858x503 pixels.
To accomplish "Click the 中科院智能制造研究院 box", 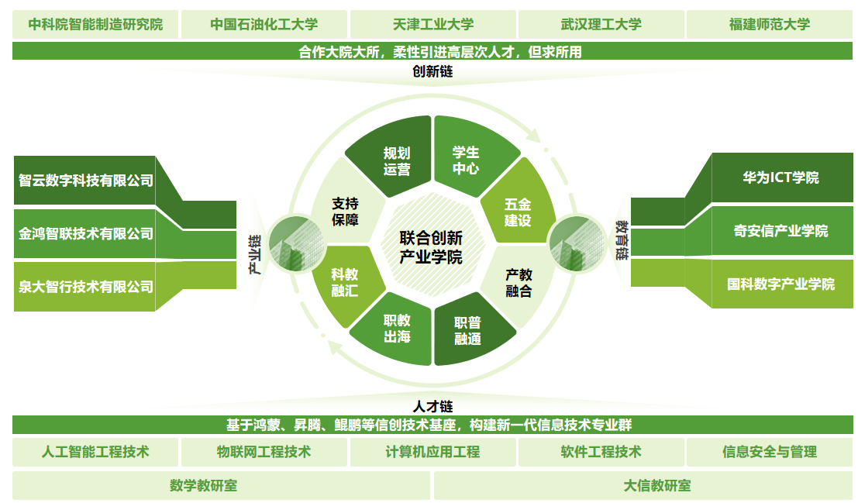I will coord(95,24).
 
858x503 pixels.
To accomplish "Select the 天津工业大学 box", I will coord(433,24).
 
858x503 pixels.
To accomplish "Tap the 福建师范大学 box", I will coord(769,24).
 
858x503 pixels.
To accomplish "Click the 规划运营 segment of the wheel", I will coord(396,160).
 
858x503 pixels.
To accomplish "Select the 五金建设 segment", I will coord(517,212).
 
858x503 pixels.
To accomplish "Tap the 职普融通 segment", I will coord(467,330).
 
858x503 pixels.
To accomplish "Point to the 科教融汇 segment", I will coord(344,282).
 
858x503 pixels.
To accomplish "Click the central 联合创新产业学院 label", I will coord(431,247).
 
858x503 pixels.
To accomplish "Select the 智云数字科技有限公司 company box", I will coord(85,181).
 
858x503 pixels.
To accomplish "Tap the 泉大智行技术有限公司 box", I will coord(85,287).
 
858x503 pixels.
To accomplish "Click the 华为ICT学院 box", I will coord(780,177).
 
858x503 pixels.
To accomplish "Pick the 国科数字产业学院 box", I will coord(780,284).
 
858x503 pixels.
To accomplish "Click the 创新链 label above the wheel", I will coord(432,72).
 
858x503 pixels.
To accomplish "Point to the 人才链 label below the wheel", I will coord(432,405).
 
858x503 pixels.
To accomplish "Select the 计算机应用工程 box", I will coord(432,451).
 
